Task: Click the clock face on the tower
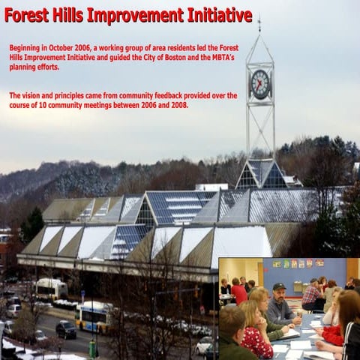(x=259, y=84)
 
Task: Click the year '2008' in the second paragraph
(x=176, y=106)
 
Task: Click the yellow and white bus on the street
(x=95, y=316)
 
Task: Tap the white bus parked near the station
(x=51, y=289)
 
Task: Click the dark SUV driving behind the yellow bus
(x=66, y=329)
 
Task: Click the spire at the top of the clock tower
(x=259, y=26)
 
